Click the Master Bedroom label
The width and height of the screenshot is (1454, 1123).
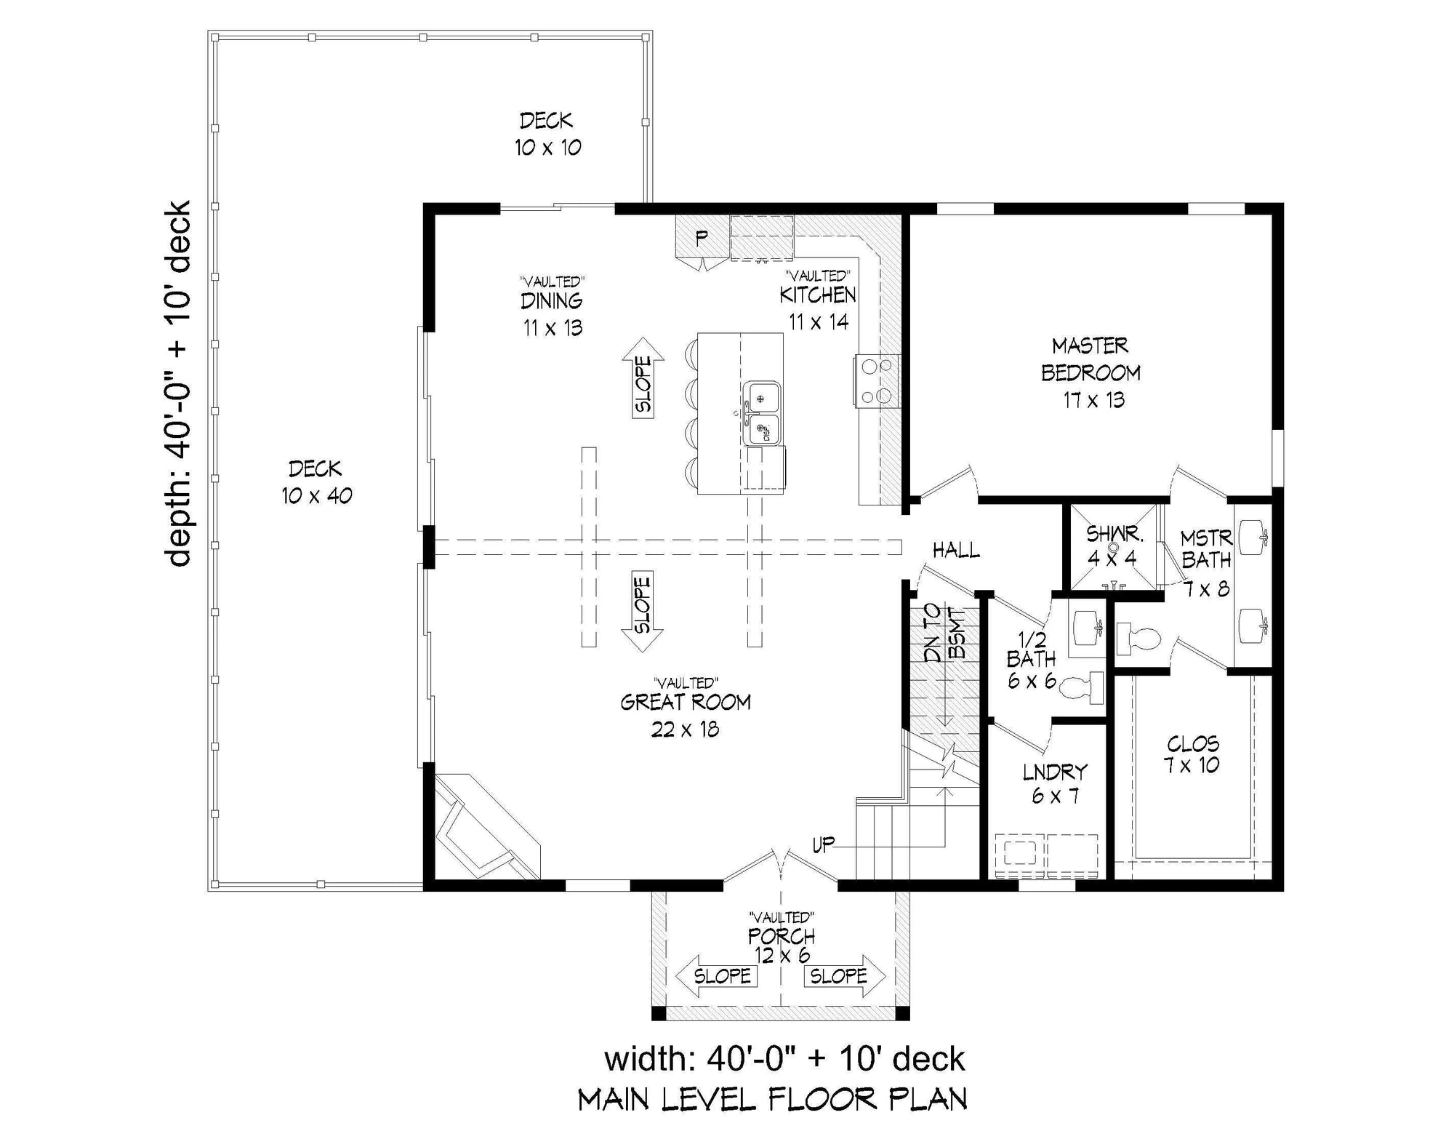(x=1090, y=372)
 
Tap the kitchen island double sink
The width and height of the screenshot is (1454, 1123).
(x=762, y=413)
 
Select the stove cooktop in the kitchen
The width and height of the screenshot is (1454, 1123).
(x=877, y=380)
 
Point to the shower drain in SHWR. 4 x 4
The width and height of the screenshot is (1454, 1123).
(x=1112, y=547)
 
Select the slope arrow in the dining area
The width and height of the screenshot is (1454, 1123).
(x=643, y=377)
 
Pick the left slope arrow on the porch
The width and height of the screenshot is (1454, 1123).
(x=717, y=975)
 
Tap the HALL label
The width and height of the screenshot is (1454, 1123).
(x=956, y=551)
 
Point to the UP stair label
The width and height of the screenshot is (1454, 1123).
(x=823, y=844)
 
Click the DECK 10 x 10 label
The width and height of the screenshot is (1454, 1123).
(x=547, y=134)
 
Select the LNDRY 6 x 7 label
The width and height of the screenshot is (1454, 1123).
(x=1055, y=783)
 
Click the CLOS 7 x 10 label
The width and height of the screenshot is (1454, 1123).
(x=1192, y=754)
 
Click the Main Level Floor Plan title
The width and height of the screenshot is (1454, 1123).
(x=772, y=1099)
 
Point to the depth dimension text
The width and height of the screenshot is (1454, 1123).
(x=178, y=383)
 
